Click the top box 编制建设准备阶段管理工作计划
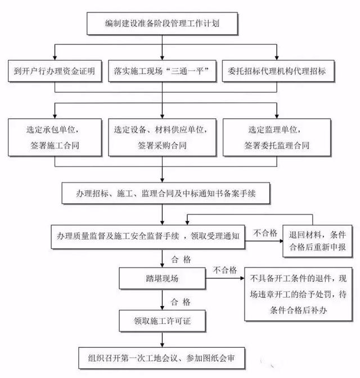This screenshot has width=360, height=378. click(163, 23)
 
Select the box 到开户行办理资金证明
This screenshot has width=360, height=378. click(54, 71)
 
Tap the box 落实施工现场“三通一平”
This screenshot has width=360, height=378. click(163, 71)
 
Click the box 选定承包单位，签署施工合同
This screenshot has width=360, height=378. click(53, 137)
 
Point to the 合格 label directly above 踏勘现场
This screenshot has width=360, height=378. click(181, 259)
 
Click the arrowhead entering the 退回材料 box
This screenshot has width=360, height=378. click(279, 241)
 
